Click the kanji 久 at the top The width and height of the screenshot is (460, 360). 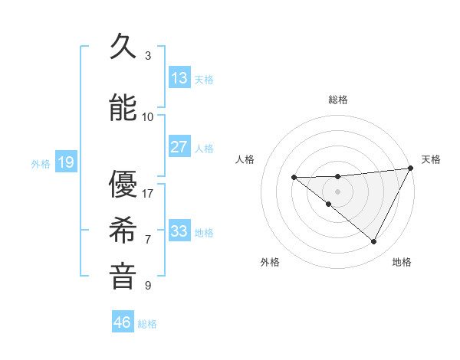point(123,47)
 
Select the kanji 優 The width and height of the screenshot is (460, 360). point(123,184)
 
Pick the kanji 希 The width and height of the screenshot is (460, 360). point(123,230)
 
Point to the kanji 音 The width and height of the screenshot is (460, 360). point(123,277)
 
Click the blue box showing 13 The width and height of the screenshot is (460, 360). point(179,78)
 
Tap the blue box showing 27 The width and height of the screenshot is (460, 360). point(179,147)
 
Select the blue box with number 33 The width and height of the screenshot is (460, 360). point(179,231)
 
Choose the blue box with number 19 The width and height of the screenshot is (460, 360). point(65,162)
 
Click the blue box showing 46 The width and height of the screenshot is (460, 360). point(123,322)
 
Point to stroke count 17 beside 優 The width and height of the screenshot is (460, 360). point(148,193)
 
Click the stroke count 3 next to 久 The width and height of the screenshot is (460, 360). point(148,55)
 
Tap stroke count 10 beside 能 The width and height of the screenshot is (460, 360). point(148,116)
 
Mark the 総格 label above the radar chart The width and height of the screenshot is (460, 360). point(338,100)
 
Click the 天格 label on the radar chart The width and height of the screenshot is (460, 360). point(431,159)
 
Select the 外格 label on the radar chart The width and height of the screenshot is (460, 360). point(270,262)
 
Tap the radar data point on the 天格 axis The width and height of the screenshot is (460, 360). point(412,169)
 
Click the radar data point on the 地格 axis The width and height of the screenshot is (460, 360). point(374,242)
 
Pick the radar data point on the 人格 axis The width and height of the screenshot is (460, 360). point(294,178)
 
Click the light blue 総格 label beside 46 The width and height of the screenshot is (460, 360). point(147,324)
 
